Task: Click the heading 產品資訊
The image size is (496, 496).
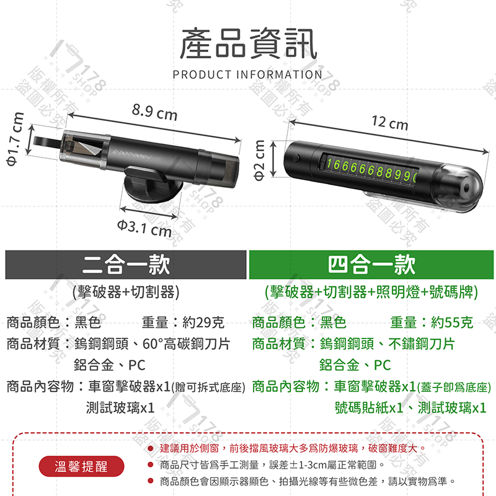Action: pos(248,44)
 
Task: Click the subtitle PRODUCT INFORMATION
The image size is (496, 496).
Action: pos(248,75)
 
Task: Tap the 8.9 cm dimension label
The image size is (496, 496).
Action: pos(154,113)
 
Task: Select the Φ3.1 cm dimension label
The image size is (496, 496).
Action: pos(143,228)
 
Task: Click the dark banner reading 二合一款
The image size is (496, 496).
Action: pos(126,265)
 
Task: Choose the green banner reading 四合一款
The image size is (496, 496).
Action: pos(371,265)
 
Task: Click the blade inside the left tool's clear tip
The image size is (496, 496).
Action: pos(87,145)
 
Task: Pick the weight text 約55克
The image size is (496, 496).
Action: pos(452,322)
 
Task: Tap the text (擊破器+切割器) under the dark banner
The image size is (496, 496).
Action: pos(126,291)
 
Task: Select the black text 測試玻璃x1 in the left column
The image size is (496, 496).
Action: pos(120,407)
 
